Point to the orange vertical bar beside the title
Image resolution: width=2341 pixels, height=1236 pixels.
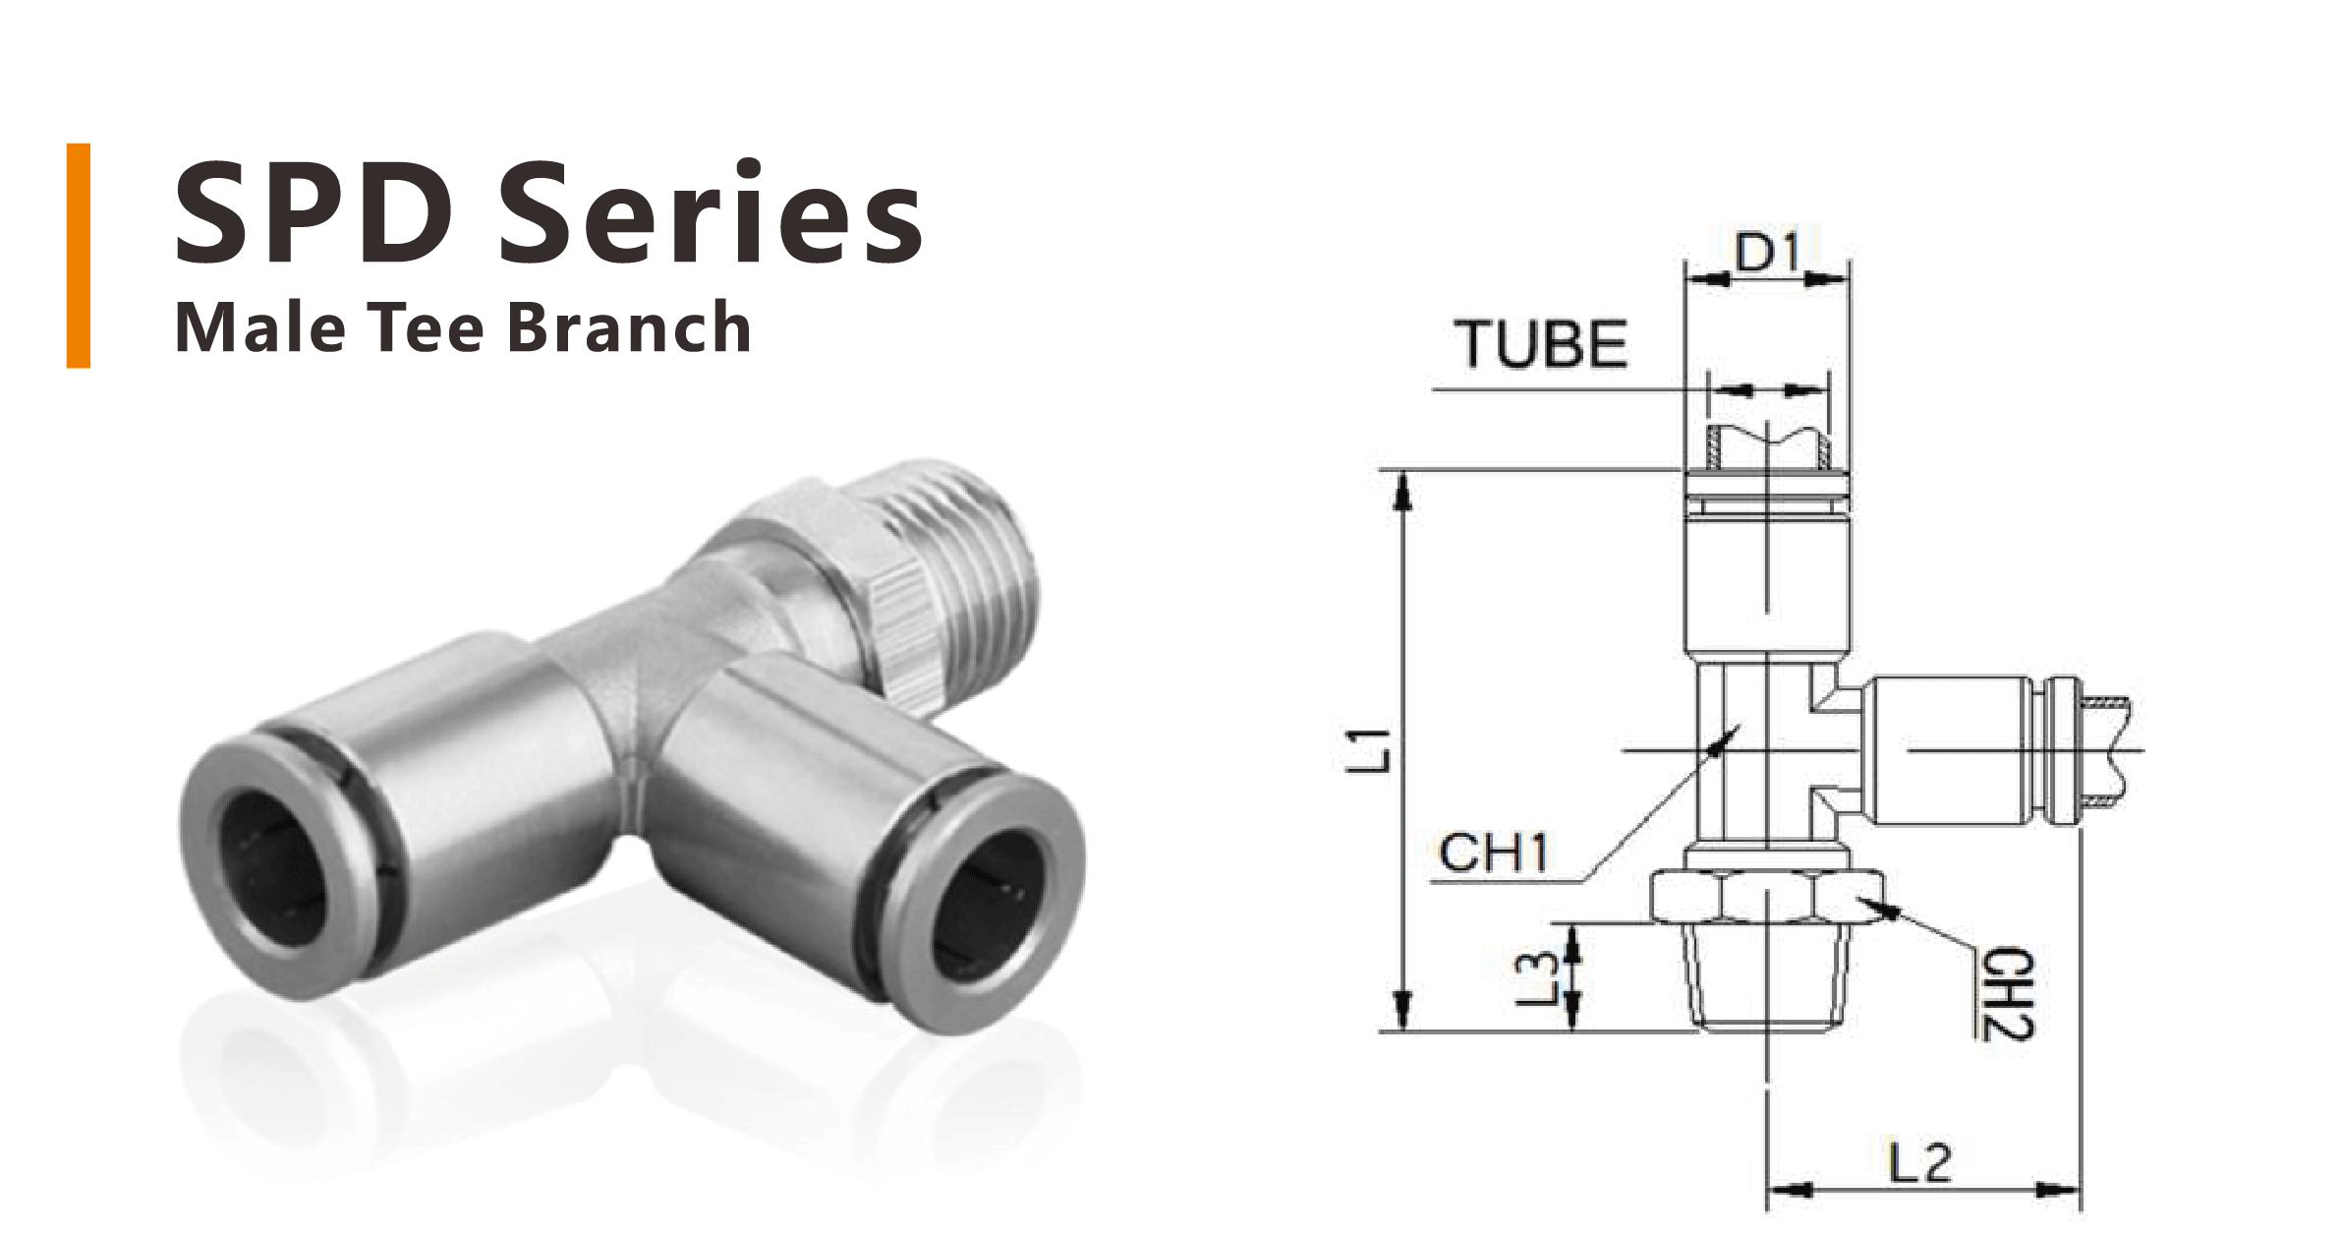[79, 256]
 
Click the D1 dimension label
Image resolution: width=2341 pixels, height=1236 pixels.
[1767, 255]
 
